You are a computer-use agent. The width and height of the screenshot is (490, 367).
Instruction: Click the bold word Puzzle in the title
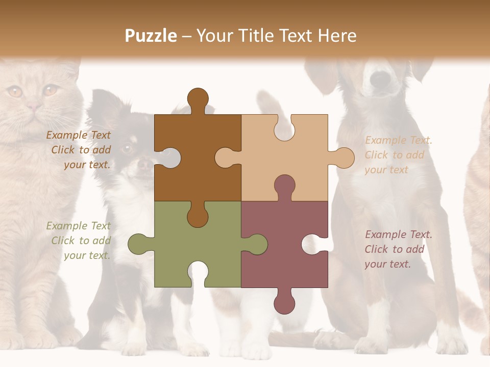(x=151, y=36)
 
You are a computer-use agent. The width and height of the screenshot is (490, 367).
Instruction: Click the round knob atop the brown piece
(x=198, y=98)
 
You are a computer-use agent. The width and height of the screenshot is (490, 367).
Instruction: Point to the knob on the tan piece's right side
(x=344, y=158)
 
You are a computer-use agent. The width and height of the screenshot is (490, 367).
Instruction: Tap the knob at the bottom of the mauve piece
(x=284, y=303)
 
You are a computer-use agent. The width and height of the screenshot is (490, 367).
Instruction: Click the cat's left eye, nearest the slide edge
(x=14, y=92)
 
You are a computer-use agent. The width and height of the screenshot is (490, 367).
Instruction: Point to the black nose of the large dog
(x=380, y=78)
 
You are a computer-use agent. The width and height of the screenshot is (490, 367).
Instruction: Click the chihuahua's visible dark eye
(x=126, y=148)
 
